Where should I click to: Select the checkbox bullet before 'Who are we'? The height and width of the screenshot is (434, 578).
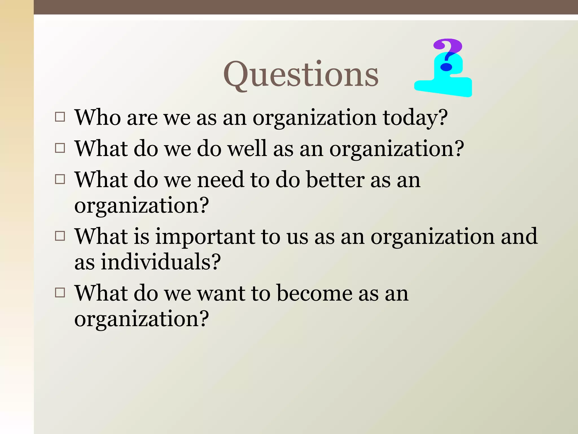click(60, 117)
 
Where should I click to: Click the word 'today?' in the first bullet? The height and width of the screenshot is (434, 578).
click(415, 118)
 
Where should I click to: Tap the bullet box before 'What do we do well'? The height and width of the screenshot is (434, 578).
click(60, 148)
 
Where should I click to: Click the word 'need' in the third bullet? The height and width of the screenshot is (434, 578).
click(220, 180)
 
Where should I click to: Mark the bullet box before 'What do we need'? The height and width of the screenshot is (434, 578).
click(60, 179)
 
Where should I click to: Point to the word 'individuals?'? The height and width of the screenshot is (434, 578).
click(161, 262)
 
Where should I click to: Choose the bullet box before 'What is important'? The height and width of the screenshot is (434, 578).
click(60, 236)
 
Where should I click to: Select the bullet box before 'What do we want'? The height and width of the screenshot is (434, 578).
click(60, 293)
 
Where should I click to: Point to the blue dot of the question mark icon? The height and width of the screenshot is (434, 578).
click(446, 67)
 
